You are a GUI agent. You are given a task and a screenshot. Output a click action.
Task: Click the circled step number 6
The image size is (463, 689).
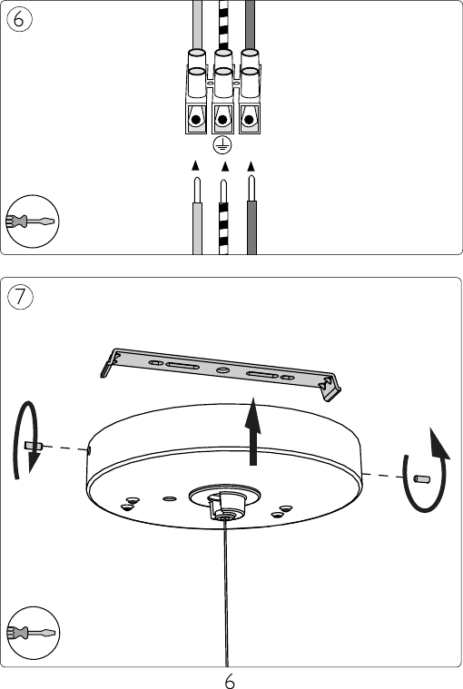click(x=19, y=20)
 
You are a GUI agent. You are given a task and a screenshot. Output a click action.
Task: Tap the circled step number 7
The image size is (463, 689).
click(x=20, y=297)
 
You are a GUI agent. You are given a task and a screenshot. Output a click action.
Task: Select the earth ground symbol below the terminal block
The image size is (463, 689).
click(x=222, y=145)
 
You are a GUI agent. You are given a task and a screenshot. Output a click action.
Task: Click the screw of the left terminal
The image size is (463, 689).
click(x=196, y=120)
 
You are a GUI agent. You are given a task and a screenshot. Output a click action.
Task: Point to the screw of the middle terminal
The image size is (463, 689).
click(x=222, y=120)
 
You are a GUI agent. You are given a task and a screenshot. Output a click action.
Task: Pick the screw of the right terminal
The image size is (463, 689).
click(x=249, y=120)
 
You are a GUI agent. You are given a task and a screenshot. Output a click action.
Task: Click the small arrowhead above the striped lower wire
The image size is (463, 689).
click(x=225, y=166)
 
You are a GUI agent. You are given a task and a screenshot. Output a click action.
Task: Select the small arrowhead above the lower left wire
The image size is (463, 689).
click(x=195, y=165)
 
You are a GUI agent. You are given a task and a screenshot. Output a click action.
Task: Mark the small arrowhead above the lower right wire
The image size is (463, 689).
click(x=251, y=166)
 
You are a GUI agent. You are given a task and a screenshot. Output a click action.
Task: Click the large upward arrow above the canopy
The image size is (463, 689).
click(x=252, y=431)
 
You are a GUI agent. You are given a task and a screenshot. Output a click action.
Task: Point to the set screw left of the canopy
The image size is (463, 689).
click(x=34, y=446)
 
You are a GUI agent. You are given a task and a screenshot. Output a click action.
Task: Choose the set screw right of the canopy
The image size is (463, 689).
click(x=422, y=479)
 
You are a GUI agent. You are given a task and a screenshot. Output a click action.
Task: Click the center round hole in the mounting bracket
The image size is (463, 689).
click(x=222, y=370)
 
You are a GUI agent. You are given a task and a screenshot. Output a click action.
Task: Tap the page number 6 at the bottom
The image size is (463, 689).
click(x=230, y=681)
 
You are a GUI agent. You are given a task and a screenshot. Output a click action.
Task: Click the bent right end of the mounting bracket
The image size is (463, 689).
click(x=330, y=387)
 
